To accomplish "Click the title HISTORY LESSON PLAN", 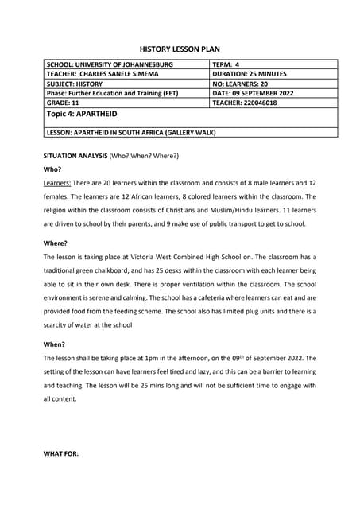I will (180, 49).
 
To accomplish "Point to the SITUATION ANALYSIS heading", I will (75, 155).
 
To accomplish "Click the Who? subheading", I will (53, 169).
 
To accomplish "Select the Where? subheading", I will (56, 243).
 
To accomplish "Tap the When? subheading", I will (55, 344).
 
